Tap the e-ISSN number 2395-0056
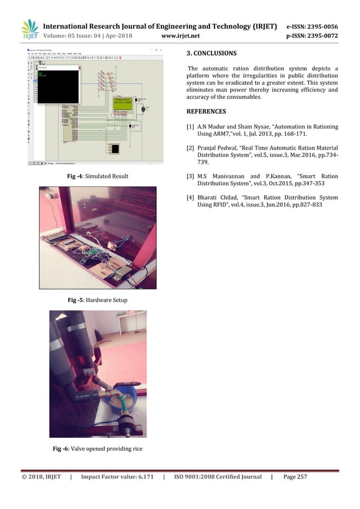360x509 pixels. coord(322,27)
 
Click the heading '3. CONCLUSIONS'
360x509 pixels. coord(212,54)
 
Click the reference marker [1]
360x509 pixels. coord(191,127)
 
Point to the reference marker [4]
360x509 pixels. coord(191,198)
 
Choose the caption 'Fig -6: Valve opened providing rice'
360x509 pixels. coord(98,449)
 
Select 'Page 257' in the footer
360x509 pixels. coord(295,477)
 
